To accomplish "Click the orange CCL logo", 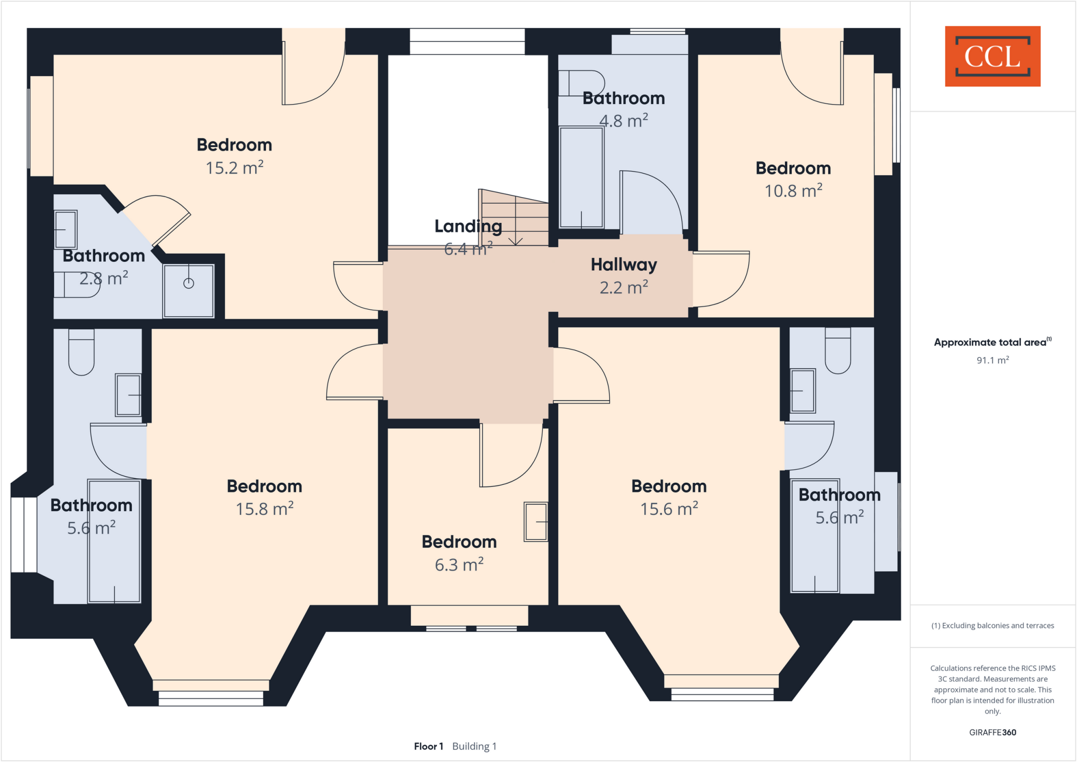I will click(x=992, y=56).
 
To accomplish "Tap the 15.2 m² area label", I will click(x=234, y=168).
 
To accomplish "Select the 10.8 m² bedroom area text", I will click(x=793, y=190).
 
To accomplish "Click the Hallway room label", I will click(x=624, y=265).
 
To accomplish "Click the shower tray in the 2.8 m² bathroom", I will click(x=188, y=291).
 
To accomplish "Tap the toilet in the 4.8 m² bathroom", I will click(x=581, y=84).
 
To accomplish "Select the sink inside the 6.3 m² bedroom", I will click(x=536, y=522).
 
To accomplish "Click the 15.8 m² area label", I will click(x=264, y=509).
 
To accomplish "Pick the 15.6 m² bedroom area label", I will click(x=668, y=509).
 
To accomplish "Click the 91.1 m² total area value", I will click(x=992, y=360).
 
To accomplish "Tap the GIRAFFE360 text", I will click(x=992, y=732).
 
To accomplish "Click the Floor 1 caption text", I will click(x=429, y=746).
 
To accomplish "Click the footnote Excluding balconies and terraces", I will click(x=992, y=626).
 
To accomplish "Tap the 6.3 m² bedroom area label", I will click(x=459, y=565).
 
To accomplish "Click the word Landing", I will click(x=468, y=227).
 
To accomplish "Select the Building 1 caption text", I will click(x=474, y=746).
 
